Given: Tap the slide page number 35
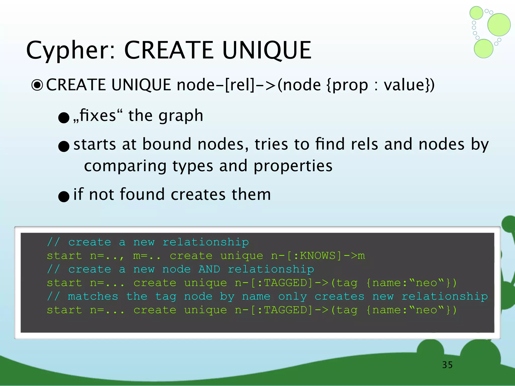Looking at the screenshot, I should click(x=447, y=365).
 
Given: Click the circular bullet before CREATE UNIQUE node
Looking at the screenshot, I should click(x=37, y=85).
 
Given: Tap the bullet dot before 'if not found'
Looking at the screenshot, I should click(x=64, y=196).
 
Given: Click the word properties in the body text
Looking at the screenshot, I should click(x=293, y=166).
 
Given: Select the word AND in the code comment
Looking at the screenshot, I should click(x=209, y=269).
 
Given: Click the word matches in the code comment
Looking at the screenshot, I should click(x=93, y=297).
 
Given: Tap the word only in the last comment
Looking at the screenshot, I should click(x=292, y=297).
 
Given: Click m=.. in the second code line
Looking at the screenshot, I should click(x=147, y=256).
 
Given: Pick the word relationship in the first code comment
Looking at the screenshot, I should click(x=206, y=242).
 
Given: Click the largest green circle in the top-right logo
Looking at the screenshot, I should click(x=499, y=25).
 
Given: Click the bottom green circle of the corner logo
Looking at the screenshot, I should click(x=483, y=49).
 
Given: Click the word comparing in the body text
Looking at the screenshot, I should click(x=125, y=166).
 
